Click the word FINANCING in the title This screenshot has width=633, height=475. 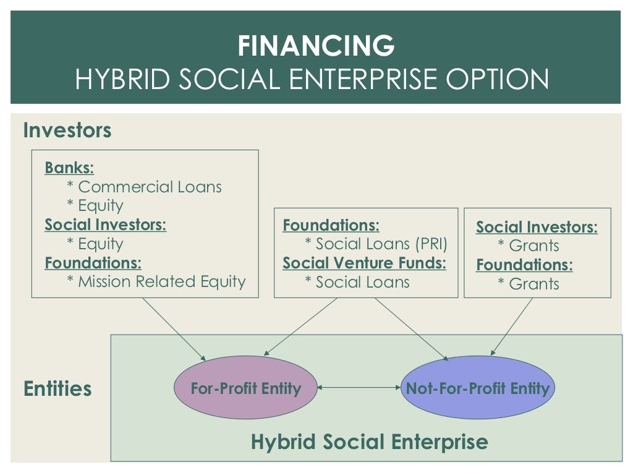[x=316, y=46]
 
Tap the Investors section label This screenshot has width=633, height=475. [x=67, y=131]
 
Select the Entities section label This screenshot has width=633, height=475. [x=57, y=389]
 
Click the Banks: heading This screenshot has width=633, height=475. [x=69, y=168]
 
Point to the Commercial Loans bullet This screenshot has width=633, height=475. [x=144, y=187]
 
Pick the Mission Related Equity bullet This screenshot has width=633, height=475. [x=156, y=282]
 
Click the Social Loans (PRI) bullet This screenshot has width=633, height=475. [x=376, y=244]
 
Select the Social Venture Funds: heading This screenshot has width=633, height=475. [x=364, y=263]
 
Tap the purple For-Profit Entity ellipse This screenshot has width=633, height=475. [x=245, y=388]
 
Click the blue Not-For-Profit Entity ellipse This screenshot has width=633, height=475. [x=477, y=388]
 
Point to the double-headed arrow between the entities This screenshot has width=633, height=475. [x=359, y=388]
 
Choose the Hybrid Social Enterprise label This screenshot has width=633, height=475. [x=369, y=442]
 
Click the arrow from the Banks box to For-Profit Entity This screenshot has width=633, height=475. [x=174, y=329]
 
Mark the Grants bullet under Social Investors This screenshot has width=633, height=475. [x=529, y=246]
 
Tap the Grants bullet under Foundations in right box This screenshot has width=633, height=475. [x=529, y=284]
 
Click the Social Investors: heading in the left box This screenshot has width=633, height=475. [x=105, y=225]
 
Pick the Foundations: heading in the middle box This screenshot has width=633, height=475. [x=331, y=225]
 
